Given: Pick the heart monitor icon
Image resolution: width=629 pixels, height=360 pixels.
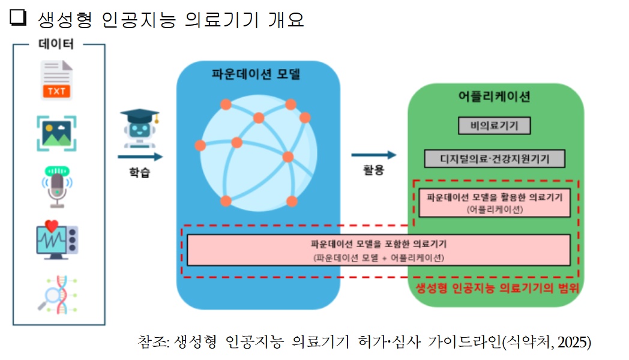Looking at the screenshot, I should coord(56,239).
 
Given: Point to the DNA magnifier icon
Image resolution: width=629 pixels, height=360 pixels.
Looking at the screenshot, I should coord(58,295).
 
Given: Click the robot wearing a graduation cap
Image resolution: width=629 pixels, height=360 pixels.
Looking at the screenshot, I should coord(139,128).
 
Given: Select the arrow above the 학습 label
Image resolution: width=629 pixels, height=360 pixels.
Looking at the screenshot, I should coord(140,157).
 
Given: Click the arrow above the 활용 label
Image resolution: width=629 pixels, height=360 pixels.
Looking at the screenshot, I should coord(373,155).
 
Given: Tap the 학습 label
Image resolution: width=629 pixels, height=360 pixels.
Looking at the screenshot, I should coord(139,173).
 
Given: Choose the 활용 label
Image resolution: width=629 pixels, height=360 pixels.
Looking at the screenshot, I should coord(373,170).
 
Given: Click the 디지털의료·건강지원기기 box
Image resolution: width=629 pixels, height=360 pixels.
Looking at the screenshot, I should coord(495,159).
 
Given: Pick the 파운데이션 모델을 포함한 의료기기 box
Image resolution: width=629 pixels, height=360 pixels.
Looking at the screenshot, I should coord(378,250).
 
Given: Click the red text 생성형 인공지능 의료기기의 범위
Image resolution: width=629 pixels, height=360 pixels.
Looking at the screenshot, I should coord(497,287).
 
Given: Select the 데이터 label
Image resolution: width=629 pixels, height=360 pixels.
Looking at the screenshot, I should coord(56,44).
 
